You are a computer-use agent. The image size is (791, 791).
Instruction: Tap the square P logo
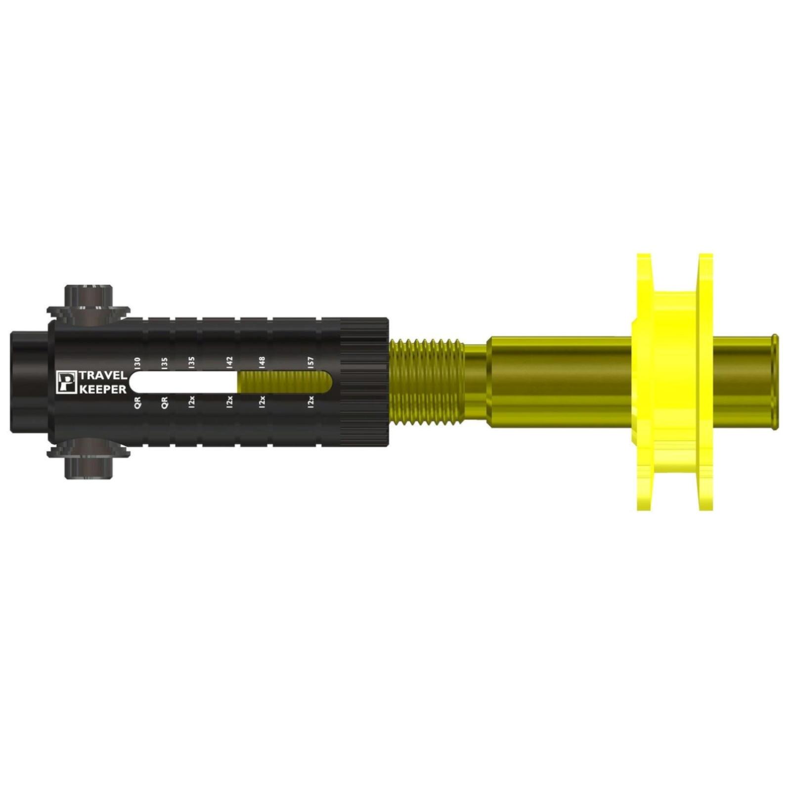(65, 382)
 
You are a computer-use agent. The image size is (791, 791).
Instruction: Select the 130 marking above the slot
(137, 362)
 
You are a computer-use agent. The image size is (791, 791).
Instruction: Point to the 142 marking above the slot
(229, 362)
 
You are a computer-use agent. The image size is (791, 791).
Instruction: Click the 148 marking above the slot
(262, 362)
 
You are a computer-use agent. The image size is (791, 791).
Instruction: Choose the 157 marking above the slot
(310, 362)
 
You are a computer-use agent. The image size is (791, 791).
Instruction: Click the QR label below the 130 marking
(137, 401)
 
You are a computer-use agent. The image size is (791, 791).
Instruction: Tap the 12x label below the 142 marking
(229, 401)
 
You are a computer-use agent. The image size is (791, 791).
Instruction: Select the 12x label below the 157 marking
(310, 401)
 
